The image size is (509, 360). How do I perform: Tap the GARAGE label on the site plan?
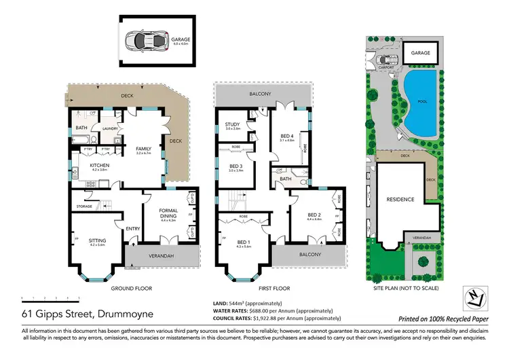pyautogui.click(x=421, y=52)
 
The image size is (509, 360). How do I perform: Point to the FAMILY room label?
pyautogui.click(x=143, y=149)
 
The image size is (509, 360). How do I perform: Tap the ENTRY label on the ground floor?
pyautogui.click(x=132, y=229)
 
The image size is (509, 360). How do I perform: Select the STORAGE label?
pyautogui.click(x=84, y=206)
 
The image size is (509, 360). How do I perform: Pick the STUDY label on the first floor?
pyautogui.click(x=233, y=124)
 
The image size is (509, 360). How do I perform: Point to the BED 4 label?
pyautogui.click(x=287, y=137)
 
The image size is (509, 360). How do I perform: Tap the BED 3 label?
pyautogui.click(x=235, y=166)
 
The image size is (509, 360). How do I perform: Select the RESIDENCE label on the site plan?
pyautogui.click(x=400, y=200)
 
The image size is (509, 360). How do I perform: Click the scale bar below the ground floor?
pyautogui.click(x=50, y=298)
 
